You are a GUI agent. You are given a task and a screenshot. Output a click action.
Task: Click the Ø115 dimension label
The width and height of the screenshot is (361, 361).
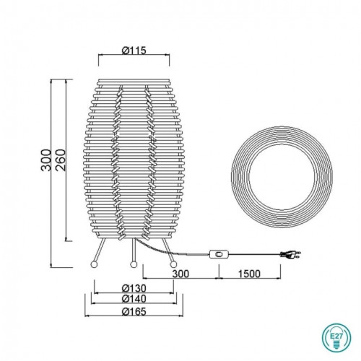point(134,51)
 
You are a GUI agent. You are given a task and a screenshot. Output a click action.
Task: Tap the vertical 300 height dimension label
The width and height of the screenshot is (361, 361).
point(46,160)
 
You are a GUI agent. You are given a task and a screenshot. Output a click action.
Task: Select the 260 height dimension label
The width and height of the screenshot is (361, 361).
point(60,160)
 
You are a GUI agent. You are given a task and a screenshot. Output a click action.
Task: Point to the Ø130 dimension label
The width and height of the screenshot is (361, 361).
point(134,288)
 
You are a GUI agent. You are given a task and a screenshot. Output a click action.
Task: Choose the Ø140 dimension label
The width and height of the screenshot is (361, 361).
point(134,299)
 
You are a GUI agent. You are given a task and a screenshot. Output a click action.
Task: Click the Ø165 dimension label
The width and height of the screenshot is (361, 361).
point(134,312)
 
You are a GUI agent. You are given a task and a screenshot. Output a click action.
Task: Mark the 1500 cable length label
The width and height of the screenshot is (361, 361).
point(249,274)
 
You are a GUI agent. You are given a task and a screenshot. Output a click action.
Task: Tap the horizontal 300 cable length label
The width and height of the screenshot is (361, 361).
point(180,274)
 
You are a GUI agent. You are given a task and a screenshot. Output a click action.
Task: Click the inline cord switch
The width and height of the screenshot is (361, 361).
point(219,254)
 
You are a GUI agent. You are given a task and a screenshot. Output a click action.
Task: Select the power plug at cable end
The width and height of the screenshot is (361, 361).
point(290,254)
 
